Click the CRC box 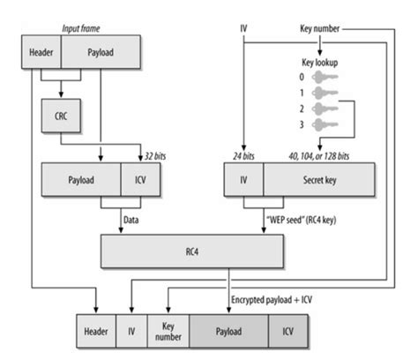tap(61, 116)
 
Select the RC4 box tap(192, 251)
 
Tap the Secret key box tap(319, 179)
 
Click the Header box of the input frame tap(41, 52)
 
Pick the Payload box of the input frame tap(101, 52)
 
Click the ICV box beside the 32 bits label tap(140, 179)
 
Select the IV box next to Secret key tap(243, 179)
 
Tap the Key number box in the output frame tap(168, 331)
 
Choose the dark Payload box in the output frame tap(228, 331)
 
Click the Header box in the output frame tap(96, 331)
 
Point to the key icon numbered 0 tap(325, 77)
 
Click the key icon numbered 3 tap(325, 124)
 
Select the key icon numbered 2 tap(325, 109)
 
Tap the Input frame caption tap(81, 28)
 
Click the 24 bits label tap(243, 156)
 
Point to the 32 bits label tap(155, 156)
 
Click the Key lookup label tap(320, 63)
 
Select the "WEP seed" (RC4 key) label tap(301, 220)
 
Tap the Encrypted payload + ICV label tap(272, 300)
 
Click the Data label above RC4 tap(131, 220)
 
